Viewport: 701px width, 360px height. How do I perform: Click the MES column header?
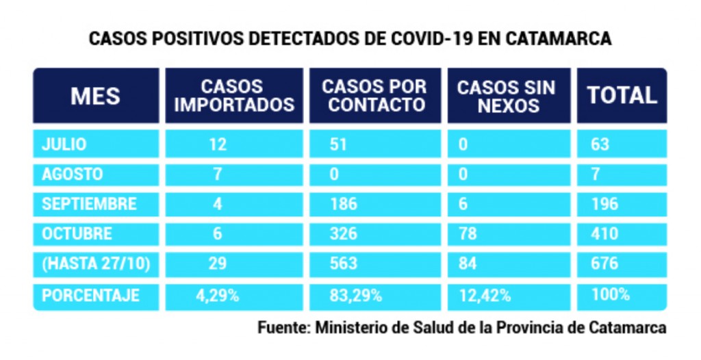(x=95, y=96)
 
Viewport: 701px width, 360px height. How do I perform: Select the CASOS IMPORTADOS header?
(x=232, y=96)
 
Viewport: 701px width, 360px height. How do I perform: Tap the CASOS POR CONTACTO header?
(x=374, y=96)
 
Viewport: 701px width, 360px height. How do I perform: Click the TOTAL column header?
(x=622, y=96)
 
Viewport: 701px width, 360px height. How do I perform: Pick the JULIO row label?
(x=64, y=144)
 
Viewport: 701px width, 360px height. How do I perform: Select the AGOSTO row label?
(x=73, y=174)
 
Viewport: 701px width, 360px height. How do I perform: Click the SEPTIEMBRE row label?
(x=89, y=204)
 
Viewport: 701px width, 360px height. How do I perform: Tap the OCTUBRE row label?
(x=77, y=233)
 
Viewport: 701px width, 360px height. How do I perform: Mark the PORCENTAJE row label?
(x=90, y=295)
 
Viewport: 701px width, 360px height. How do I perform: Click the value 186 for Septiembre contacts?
(x=344, y=204)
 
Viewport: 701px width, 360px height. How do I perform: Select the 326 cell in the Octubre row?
(x=344, y=233)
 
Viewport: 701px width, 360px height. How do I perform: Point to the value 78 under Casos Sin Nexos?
(x=468, y=233)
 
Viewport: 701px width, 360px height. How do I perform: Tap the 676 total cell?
(x=604, y=263)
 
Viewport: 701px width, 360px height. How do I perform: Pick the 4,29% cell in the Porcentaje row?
(x=218, y=296)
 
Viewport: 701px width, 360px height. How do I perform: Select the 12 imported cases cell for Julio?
(x=218, y=144)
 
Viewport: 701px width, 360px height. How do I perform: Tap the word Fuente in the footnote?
(x=281, y=328)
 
